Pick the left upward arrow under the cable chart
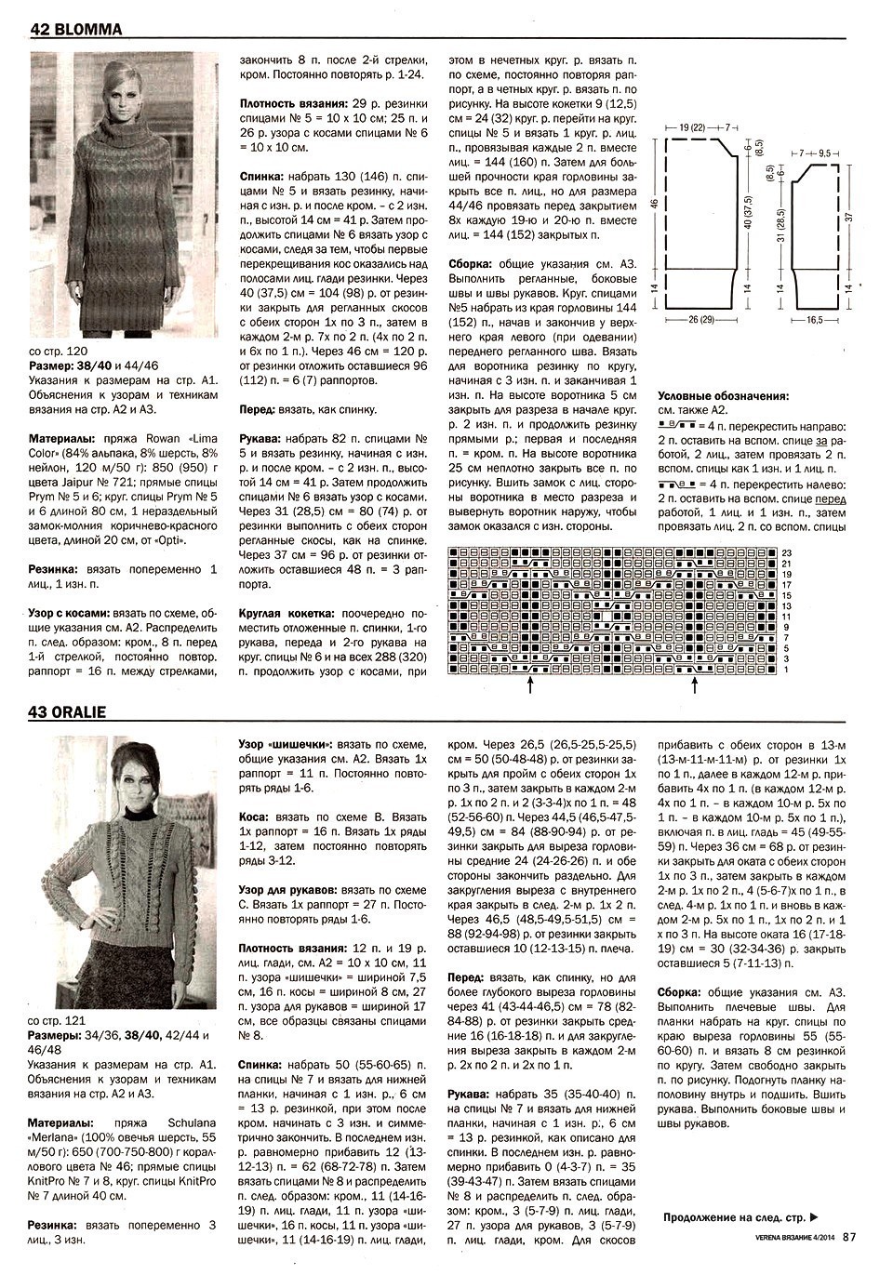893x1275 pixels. pos(529,686)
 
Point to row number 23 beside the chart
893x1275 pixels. pos(786,553)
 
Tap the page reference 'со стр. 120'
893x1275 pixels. pos(60,352)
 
